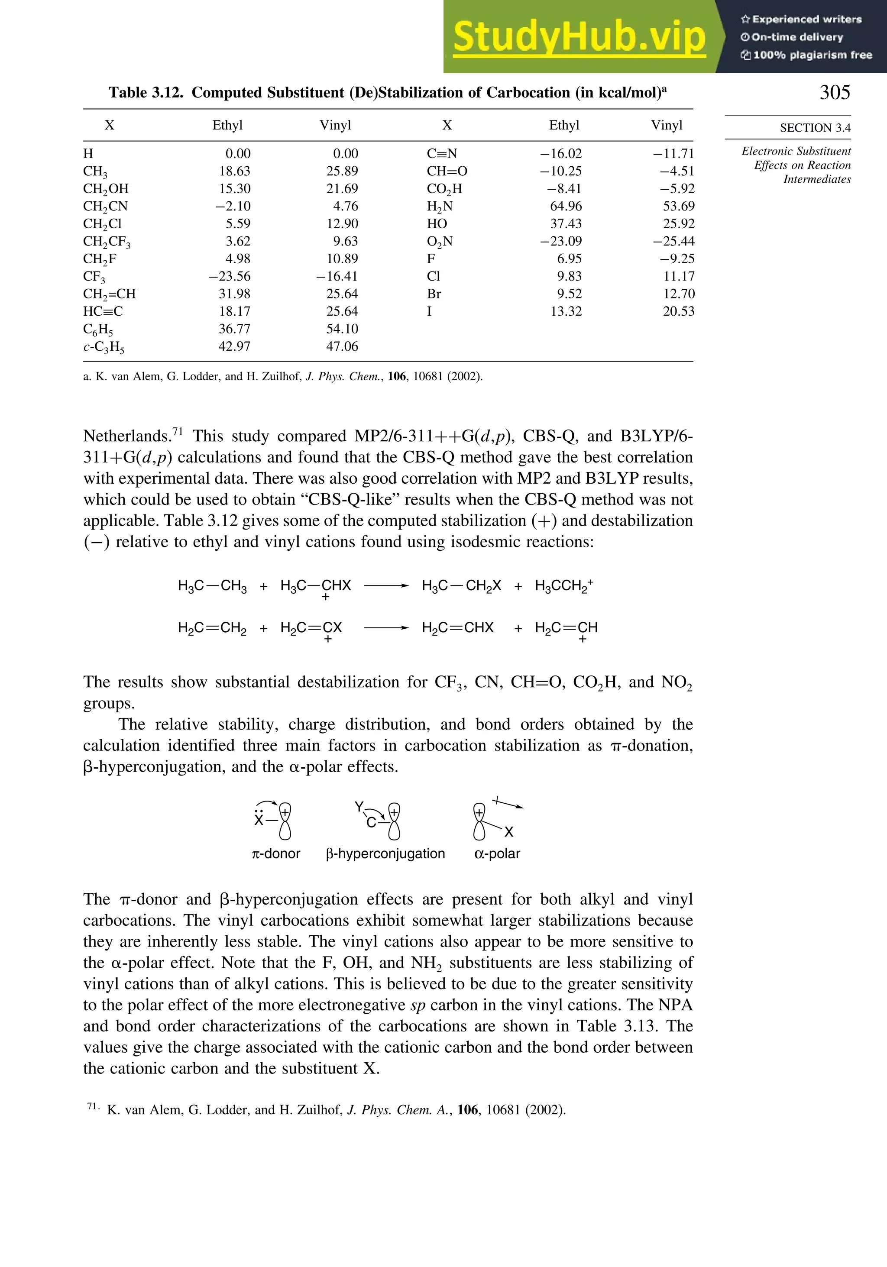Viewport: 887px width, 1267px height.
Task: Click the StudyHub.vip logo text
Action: tap(579, 37)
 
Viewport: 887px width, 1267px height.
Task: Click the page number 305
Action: tap(835, 92)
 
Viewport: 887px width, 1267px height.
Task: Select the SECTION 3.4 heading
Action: tap(815, 128)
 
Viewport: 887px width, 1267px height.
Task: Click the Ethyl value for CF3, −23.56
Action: tap(229, 276)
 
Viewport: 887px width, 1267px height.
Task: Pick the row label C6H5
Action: tap(98, 330)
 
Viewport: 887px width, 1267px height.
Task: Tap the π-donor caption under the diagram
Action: tap(275, 853)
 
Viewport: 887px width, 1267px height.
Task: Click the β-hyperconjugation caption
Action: tap(385, 853)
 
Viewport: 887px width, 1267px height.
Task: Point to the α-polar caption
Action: tap(497, 853)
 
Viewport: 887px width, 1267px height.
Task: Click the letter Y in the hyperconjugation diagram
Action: tap(359, 807)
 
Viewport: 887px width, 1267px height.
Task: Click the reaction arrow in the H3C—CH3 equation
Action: tap(386, 586)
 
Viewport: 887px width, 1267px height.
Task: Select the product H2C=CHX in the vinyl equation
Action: tap(457, 628)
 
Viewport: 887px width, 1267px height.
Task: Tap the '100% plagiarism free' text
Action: tap(812, 55)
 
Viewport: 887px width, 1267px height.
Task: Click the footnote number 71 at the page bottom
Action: tap(92, 1106)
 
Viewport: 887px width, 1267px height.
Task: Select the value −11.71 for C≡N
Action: tap(673, 154)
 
